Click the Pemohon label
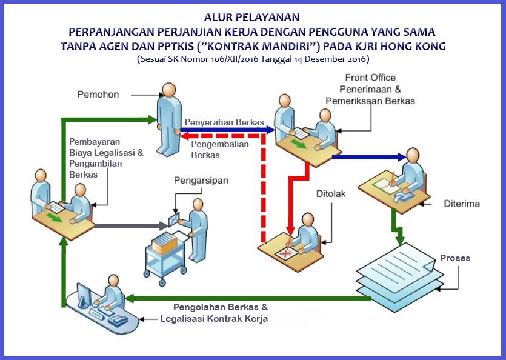(98, 95)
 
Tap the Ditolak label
(331, 194)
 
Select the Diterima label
(462, 204)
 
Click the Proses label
(455, 258)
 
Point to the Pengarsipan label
(201, 181)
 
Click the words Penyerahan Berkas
(224, 122)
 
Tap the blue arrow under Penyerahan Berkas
(228, 130)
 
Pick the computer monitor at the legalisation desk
(84, 295)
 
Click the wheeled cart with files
(165, 258)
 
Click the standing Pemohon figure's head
(169, 90)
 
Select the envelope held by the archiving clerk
(175, 219)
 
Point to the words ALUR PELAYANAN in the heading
(251, 17)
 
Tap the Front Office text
(370, 78)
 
